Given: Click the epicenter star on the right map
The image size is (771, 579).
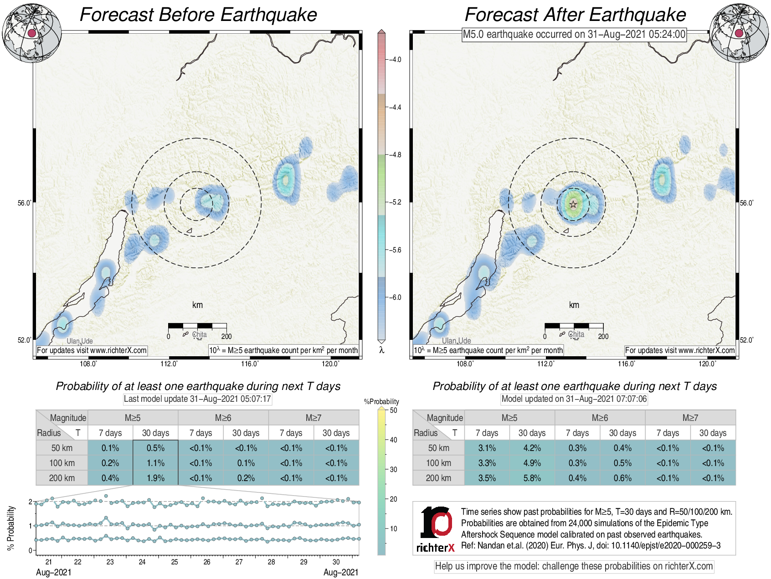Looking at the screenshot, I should coord(573,205).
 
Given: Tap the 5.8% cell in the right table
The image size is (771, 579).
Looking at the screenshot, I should coord(532,478).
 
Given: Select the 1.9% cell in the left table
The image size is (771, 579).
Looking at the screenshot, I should coord(155,478).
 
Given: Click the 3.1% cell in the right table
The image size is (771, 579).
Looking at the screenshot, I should coord(487,448).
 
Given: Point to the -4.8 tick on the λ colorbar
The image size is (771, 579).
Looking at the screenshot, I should coord(395,155).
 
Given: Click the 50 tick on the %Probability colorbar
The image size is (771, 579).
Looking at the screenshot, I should coord(393,410).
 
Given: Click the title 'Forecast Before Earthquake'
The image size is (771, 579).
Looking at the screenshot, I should coord(198,15).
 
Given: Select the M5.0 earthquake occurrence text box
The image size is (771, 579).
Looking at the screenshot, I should coord(574,34).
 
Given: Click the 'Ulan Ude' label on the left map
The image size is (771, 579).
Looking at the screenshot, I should coord(80,341).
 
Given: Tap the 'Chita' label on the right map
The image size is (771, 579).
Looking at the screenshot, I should coord(576,334).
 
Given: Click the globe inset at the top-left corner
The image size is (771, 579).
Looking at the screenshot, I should coord(31,33).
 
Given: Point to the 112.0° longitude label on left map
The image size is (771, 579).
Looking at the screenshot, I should coord(169,364).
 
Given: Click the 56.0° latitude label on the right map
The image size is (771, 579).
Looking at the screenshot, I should coord(746,203).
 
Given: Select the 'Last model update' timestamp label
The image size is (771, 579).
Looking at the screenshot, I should coord(197,399).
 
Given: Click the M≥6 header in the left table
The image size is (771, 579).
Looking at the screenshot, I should coord(223,418).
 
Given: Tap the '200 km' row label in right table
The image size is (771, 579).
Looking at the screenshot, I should coord(438,478).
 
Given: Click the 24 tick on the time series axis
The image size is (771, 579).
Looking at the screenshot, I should coord(142,562).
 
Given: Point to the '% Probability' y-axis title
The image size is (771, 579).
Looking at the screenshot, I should coord(11,528).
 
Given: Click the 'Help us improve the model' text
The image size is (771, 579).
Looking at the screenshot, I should coord(574,566).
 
